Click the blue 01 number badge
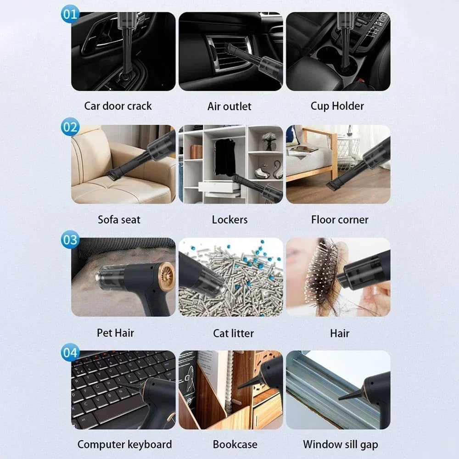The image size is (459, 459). coord(70,14)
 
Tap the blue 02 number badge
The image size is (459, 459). coord(70,127)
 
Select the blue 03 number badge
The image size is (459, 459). coord(70,240)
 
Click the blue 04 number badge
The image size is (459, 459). coord(70,353)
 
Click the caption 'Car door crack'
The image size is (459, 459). coord(118,106)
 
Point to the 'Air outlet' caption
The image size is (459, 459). coord(229,106)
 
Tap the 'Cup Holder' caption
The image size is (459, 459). coord(337,106)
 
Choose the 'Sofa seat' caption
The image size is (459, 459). coord(119,219)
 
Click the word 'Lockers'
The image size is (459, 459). coord(229,219)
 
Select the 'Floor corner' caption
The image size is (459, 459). coord(340,219)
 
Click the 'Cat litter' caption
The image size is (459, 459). coord(233,333)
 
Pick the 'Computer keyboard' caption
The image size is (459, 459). coord(124,444)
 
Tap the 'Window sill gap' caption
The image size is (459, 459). coord(341,444)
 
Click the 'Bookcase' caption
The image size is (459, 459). coord(235,444)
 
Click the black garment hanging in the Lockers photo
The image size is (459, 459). coord(224,156)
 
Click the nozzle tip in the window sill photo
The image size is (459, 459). coord(342,397)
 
